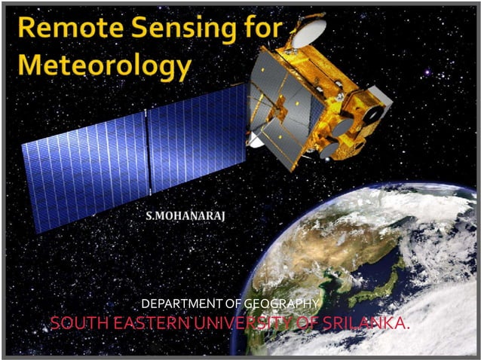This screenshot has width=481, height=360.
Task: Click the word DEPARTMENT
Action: click(182, 304)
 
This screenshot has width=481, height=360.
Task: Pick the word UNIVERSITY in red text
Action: click(240, 325)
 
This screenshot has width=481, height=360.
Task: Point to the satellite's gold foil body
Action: click(332, 113)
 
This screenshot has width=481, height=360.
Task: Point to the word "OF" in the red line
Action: click(308, 325)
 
